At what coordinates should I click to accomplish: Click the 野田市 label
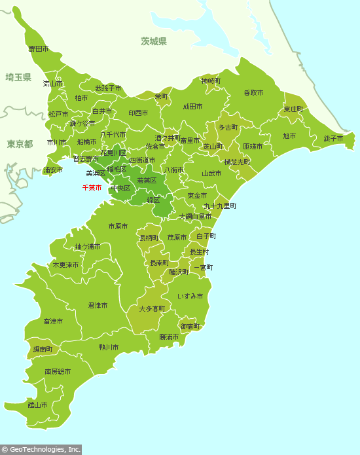(x=38, y=49)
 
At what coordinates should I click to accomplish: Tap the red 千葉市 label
(x=92, y=188)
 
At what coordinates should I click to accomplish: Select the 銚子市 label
(x=333, y=138)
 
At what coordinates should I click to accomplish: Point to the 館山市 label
(x=37, y=405)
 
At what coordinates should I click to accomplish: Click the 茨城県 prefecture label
(x=154, y=41)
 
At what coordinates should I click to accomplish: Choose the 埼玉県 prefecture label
(x=18, y=77)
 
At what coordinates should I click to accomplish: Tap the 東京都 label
(x=20, y=144)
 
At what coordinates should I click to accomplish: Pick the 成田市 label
(x=192, y=106)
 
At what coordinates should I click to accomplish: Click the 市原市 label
(x=118, y=227)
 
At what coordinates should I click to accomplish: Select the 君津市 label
(x=98, y=306)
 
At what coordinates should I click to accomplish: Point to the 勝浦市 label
(x=169, y=337)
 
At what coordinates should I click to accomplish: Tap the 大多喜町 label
(x=150, y=308)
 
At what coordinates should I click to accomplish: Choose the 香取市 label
(x=253, y=93)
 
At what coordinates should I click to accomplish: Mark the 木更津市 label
(x=65, y=265)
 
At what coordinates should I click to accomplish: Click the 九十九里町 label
(x=220, y=206)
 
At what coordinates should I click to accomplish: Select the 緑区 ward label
(x=153, y=200)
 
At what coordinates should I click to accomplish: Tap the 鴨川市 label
(x=109, y=347)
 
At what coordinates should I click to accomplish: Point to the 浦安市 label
(x=53, y=170)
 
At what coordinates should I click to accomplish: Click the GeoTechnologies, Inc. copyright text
(x=41, y=450)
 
